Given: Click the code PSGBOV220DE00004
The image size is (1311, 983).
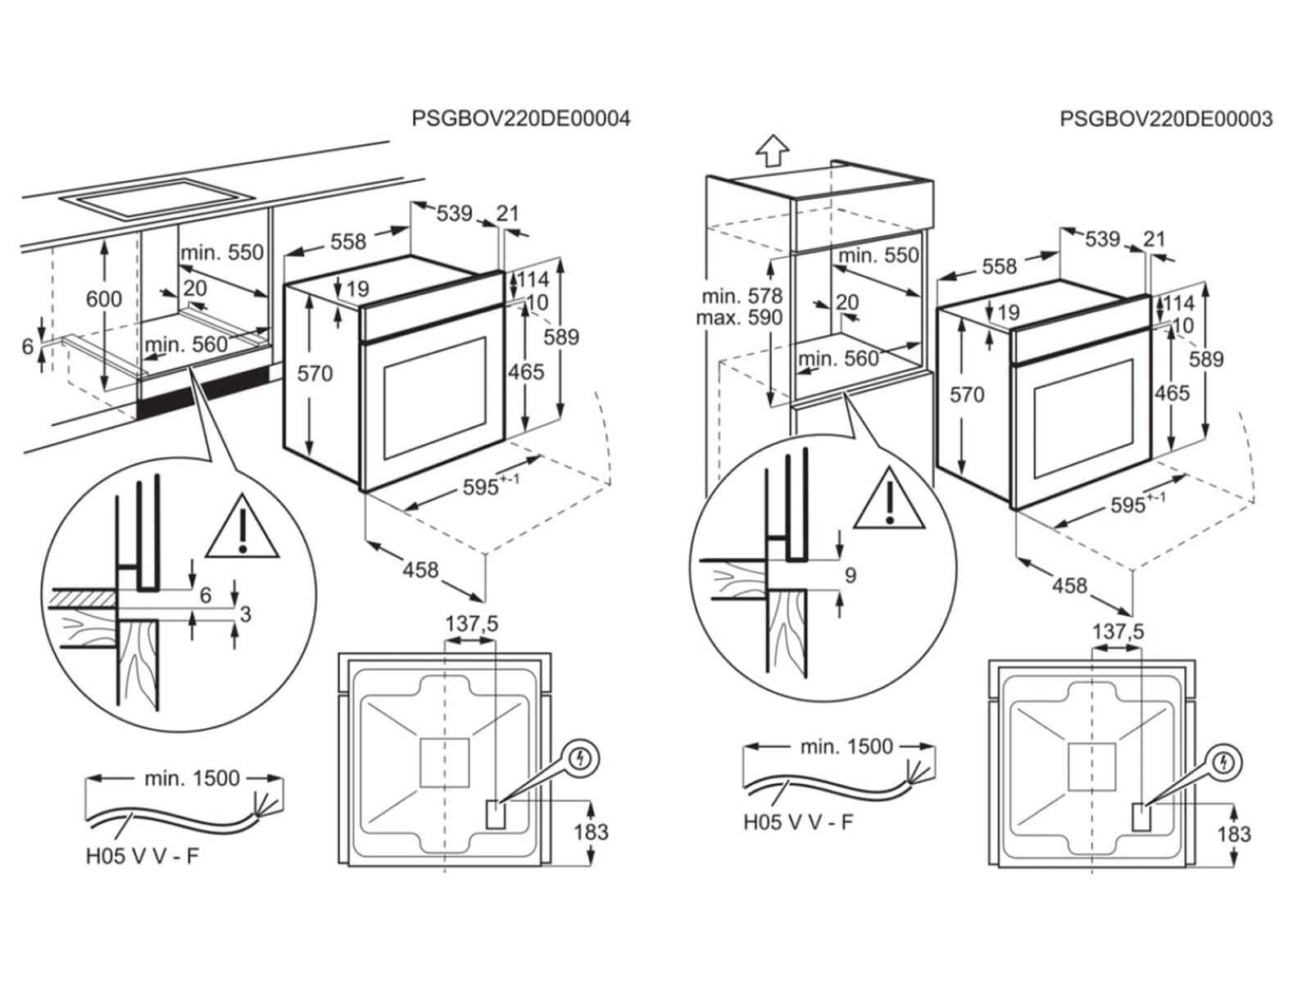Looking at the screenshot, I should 520,119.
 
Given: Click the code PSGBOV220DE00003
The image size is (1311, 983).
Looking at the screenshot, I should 1166,119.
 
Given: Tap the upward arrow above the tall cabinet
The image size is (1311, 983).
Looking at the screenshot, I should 772,150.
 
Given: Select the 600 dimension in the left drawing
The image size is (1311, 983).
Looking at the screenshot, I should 104,299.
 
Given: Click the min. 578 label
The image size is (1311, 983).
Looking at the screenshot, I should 742,295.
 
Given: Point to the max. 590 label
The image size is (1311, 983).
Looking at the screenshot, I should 739,317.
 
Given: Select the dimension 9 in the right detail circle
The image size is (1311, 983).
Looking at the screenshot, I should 850,575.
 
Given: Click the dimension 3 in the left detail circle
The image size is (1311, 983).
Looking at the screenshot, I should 246,614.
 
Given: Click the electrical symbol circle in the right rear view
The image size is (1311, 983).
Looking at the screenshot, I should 1225,763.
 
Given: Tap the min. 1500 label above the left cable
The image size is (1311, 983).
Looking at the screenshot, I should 192,778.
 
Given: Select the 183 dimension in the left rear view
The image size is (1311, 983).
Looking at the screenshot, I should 591,832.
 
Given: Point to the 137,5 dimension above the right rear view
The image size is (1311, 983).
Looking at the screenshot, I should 1118,632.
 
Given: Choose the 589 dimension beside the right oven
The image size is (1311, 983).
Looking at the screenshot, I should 1206,359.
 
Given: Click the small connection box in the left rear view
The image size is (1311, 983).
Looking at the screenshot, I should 496,814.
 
